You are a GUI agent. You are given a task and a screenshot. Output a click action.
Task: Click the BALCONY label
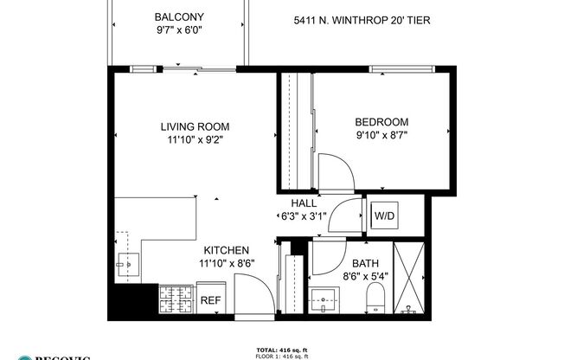178,17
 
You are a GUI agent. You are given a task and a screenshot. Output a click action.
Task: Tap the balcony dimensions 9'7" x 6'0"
178,30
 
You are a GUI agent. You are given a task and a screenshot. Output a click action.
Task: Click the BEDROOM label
381,122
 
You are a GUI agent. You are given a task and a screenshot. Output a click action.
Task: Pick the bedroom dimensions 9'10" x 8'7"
381,135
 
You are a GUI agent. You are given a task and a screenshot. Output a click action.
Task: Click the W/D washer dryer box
383,215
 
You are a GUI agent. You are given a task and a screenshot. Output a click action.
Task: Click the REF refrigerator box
210,300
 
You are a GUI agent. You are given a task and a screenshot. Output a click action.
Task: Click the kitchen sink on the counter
131,262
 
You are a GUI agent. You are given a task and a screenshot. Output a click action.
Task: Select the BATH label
364,264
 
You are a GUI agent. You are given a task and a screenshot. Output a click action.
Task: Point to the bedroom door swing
333,170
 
